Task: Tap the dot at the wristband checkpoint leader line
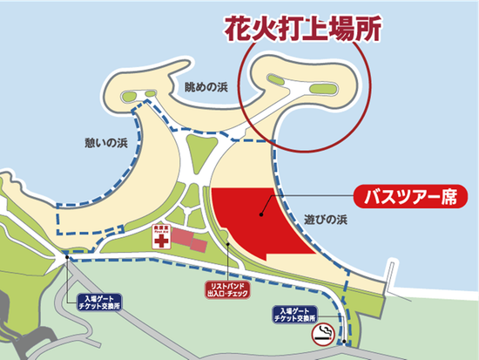tap(228, 245)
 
